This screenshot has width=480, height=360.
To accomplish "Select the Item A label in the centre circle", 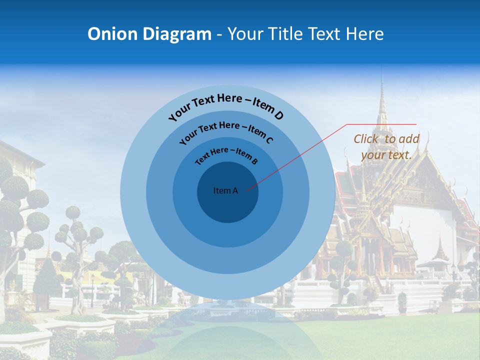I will (x=225, y=190).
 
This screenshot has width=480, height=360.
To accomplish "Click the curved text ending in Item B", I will (x=226, y=154).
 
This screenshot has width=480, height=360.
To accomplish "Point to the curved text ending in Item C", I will (x=226, y=131).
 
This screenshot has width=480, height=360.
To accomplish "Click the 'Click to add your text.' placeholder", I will (x=386, y=147).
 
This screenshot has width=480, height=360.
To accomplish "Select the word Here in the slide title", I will (x=363, y=34).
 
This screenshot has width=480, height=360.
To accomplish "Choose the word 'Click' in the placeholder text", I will (x=366, y=139).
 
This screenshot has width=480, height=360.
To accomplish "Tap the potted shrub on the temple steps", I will (x=402, y=302).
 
